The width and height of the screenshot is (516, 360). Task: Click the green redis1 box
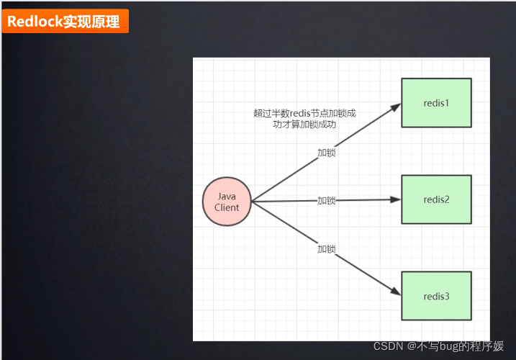pos(436,102)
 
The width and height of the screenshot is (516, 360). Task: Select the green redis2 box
pos(436,199)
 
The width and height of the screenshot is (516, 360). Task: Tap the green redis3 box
pos(436,296)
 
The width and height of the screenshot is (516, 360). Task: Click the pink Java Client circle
pos(227,201)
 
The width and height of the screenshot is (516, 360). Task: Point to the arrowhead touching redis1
pos(396,107)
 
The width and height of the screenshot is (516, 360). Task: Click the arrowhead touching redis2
pos(396,199)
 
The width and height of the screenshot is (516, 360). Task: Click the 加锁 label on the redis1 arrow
pos(327,153)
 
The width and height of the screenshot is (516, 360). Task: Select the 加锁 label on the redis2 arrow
pos(327,200)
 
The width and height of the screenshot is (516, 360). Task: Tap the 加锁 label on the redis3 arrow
pos(327,248)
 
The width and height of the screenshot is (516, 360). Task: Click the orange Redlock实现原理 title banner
pos(64,22)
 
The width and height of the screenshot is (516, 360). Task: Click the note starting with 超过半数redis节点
pos(304,118)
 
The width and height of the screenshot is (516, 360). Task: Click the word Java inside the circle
pos(227,196)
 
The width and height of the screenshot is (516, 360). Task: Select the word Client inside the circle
pos(227,207)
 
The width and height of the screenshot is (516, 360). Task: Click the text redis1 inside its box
pos(436,102)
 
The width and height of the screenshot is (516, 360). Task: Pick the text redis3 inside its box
pos(436,296)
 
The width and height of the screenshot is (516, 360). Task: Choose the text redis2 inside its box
pos(436,199)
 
